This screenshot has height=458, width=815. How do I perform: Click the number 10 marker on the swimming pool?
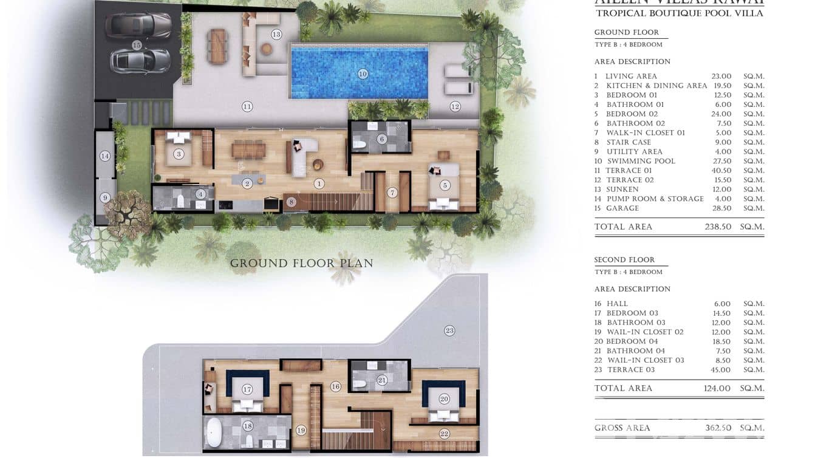(x=363, y=74)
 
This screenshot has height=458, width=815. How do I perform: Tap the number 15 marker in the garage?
(x=137, y=45)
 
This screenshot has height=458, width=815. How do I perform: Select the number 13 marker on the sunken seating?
(x=276, y=35)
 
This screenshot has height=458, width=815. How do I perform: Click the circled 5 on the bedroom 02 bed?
(x=445, y=185)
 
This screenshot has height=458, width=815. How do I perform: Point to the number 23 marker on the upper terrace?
(x=449, y=331)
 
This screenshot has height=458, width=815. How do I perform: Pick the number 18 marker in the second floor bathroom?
(x=247, y=426)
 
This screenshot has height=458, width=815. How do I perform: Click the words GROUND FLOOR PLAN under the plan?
(x=301, y=264)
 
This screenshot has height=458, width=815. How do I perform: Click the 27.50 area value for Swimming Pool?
(x=721, y=161)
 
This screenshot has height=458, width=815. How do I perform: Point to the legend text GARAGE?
(x=622, y=208)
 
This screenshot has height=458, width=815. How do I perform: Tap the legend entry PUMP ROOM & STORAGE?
(x=655, y=199)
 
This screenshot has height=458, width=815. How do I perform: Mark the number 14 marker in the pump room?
(x=105, y=156)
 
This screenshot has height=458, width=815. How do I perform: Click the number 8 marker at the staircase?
(x=291, y=202)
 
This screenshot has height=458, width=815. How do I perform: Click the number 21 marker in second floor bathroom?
(x=382, y=380)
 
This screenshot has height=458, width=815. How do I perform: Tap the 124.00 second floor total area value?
(x=717, y=389)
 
